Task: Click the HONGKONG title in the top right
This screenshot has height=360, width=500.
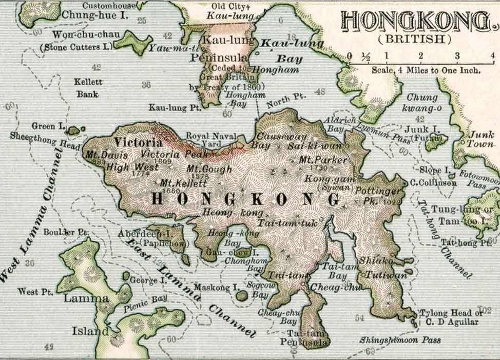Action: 415,22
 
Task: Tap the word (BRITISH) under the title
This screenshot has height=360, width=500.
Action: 415,39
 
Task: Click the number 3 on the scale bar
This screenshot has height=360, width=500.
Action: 456,55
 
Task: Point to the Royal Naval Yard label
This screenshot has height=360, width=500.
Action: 211,140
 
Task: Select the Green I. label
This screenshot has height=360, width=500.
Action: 47,126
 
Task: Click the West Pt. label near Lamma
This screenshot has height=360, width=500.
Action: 35,291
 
